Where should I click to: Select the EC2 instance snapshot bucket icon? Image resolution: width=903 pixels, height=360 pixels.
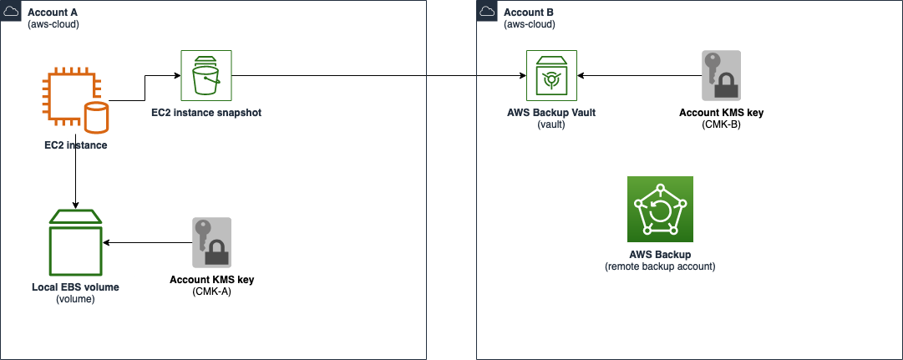206,75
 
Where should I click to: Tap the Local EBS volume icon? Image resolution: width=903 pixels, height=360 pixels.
75,242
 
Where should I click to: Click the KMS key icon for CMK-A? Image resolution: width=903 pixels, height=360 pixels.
211,242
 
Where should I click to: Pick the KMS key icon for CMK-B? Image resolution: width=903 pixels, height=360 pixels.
721,76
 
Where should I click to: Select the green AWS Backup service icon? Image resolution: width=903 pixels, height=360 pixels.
660,209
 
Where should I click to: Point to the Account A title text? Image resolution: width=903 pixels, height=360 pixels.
53,13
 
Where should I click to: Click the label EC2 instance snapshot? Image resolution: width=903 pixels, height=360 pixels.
206,112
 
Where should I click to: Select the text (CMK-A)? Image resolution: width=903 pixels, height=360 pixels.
211,292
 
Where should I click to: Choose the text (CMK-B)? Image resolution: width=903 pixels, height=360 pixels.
721,124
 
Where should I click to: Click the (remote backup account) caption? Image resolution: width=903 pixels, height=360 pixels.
660,266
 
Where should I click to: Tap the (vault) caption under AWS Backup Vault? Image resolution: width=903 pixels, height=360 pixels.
551,124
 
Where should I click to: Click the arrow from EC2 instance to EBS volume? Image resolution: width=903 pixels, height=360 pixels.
76,180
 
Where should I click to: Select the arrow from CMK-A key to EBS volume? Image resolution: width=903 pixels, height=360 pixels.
146,242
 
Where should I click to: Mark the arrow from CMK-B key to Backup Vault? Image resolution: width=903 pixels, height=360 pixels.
639,76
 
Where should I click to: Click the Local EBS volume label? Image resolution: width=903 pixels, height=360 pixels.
75,286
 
